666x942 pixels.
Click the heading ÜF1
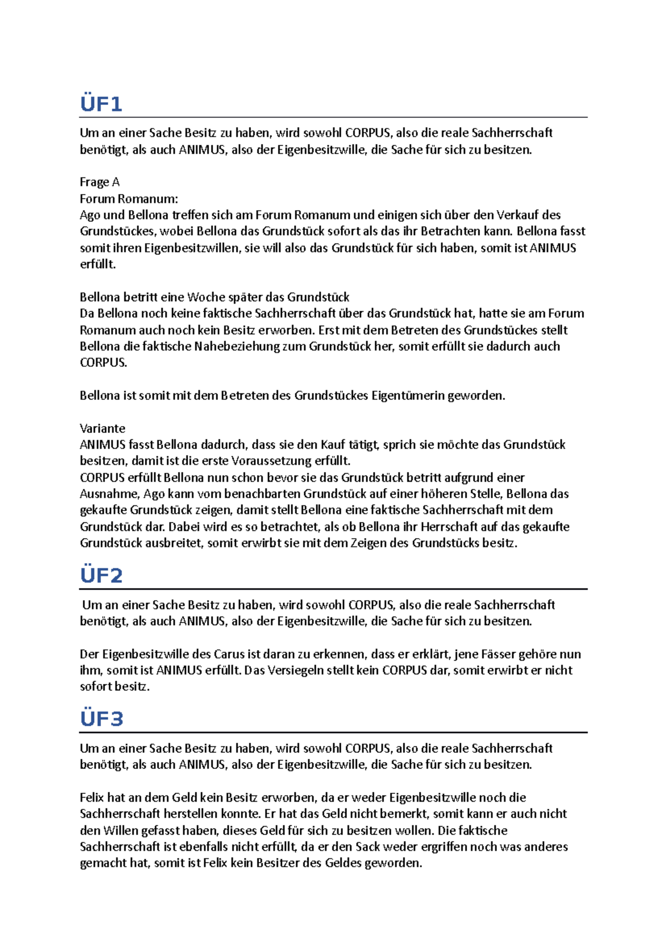click(101, 104)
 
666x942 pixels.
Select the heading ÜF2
click(101, 575)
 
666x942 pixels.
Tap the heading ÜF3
click(102, 719)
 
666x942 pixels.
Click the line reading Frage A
click(100, 182)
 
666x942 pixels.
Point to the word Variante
click(103, 428)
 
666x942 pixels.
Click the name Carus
click(229, 654)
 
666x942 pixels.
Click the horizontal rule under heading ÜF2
click(333, 589)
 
